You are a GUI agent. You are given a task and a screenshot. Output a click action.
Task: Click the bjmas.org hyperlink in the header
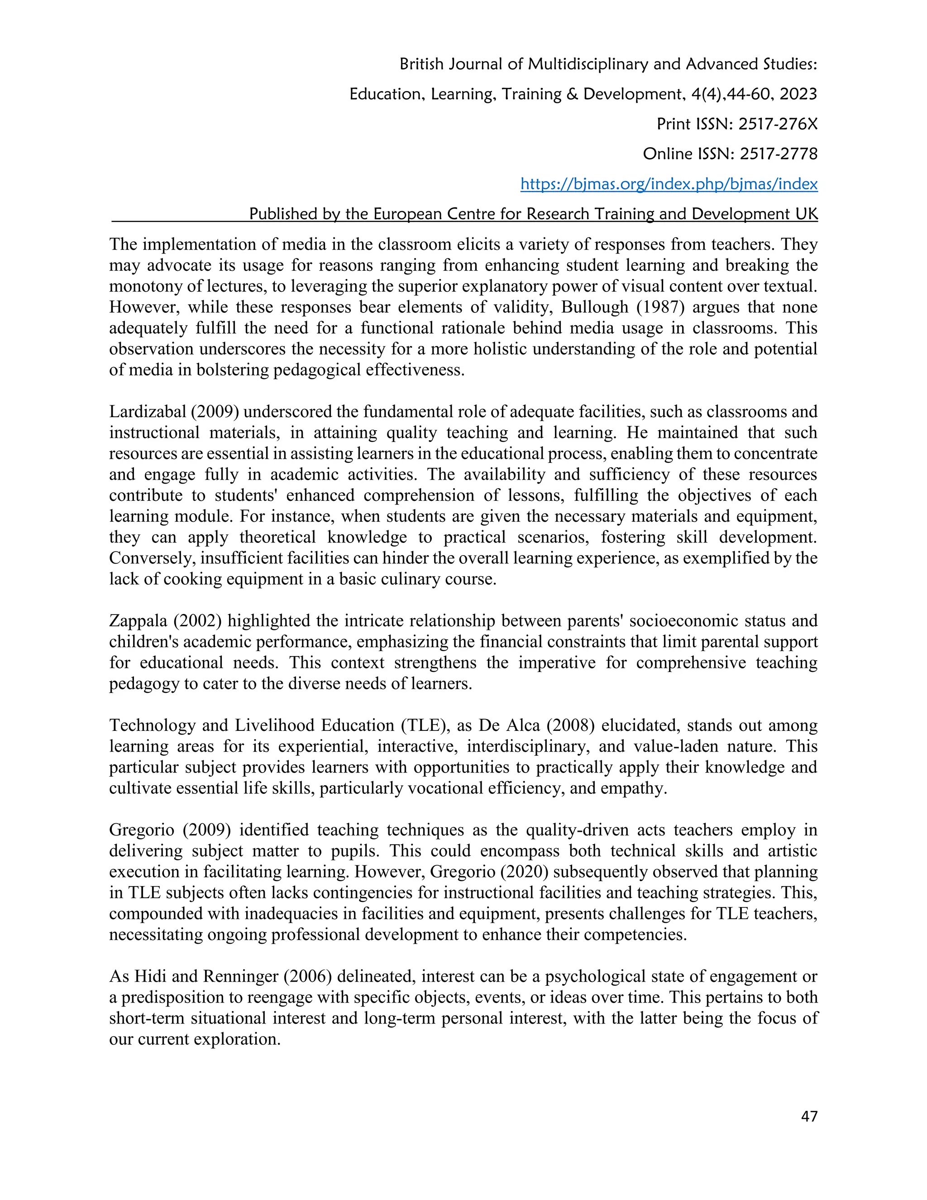[x=669, y=183]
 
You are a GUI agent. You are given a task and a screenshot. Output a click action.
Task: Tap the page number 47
[x=809, y=1116]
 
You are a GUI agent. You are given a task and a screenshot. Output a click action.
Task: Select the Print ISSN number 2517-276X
[x=778, y=124]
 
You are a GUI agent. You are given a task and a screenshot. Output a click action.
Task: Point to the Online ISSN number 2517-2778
[x=778, y=154]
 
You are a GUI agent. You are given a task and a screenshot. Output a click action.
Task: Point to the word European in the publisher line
[x=403, y=214]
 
